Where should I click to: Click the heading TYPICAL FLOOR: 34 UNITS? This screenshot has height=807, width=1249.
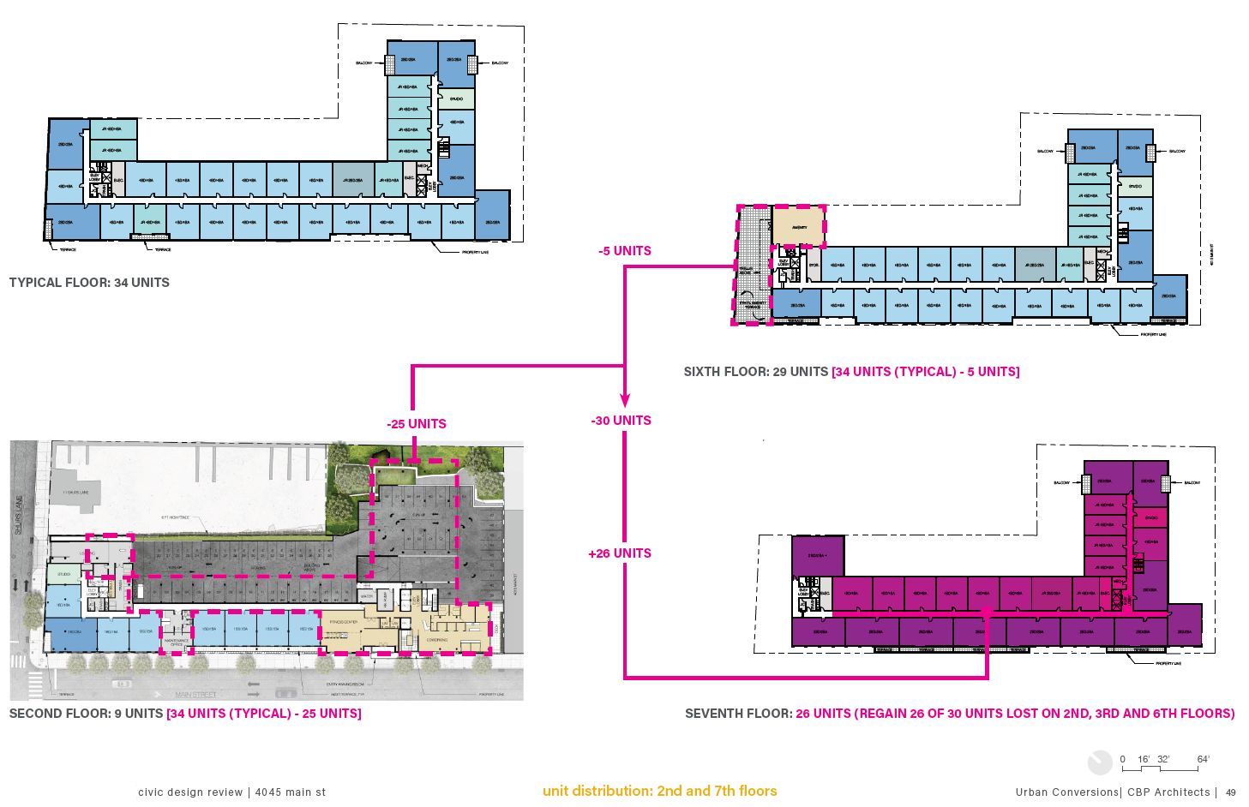89,283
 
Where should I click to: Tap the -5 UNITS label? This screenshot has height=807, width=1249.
624,251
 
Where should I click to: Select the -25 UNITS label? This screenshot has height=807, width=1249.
416,424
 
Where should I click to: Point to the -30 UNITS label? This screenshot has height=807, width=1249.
621,421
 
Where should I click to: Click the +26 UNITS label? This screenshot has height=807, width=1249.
619,553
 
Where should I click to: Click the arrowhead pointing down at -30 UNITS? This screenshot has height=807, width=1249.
625,399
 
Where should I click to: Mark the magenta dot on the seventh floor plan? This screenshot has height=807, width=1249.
987,612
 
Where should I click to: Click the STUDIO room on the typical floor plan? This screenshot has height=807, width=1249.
456,99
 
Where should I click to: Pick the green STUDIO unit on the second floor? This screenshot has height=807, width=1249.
64,574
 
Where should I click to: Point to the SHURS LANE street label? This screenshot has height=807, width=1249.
17,517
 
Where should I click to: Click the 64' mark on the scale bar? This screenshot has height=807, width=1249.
1203,759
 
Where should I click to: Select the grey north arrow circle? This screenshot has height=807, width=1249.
1099,762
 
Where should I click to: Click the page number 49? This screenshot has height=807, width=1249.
1231,792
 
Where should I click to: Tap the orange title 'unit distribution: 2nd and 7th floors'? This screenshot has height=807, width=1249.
659,791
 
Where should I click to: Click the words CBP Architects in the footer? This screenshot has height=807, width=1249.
1168,792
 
